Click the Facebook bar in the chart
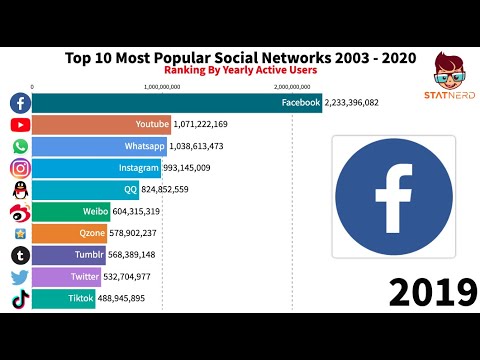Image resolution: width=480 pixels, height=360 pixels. (177, 103)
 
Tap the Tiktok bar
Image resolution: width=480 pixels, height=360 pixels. (64, 298)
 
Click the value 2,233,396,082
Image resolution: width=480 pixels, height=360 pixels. (367, 103)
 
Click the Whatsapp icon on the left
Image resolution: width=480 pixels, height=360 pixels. (19, 146)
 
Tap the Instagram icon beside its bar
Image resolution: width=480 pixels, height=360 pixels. (19, 168)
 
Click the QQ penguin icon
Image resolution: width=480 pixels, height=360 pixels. (19, 189)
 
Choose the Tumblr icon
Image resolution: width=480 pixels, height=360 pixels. (19, 255)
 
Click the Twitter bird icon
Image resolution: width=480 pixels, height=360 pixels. (19, 276)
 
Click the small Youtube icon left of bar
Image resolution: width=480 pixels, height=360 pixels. (19, 125)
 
